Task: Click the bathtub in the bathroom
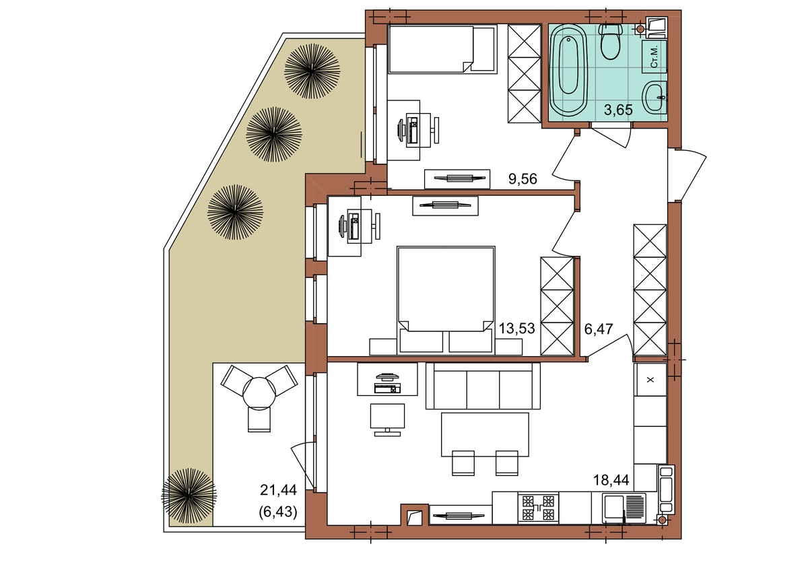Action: [568, 71]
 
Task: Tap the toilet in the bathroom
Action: [611, 42]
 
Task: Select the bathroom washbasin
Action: [654, 97]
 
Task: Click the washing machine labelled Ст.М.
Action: [654, 57]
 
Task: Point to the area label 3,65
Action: [618, 110]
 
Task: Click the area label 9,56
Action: [523, 178]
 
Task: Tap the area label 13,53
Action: [516, 329]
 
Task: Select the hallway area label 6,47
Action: [599, 329]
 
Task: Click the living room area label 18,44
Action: [611, 479]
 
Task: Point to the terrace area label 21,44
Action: [278, 490]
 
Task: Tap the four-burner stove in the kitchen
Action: [538, 508]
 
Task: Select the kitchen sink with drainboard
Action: [624, 508]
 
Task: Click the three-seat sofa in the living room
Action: [483, 386]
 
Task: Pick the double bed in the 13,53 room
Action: [446, 300]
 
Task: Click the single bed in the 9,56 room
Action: [442, 49]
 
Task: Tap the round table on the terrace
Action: [259, 393]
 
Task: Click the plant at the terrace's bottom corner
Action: [189, 496]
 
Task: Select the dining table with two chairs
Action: [485, 443]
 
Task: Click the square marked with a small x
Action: [650, 380]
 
